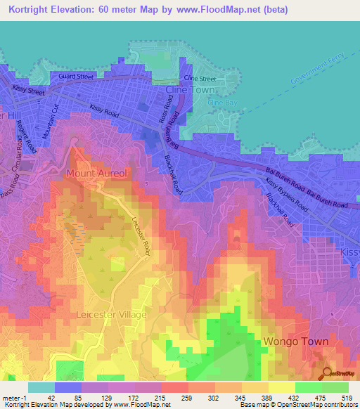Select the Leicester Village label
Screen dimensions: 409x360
coord(112,314)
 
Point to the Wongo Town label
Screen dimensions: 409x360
coord(295,342)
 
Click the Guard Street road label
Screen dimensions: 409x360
coord(76,76)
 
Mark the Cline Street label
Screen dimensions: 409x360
coord(199,79)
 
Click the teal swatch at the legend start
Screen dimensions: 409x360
coord(41,387)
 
